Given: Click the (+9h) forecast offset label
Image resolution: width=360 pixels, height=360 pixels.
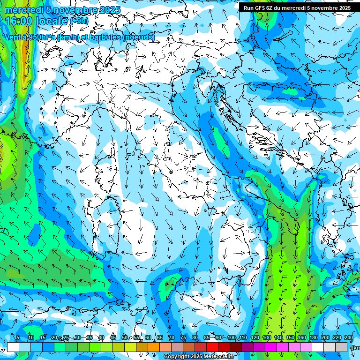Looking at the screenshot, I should [x=78, y=21].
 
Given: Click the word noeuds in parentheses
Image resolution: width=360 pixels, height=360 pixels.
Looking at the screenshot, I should [x=139, y=37].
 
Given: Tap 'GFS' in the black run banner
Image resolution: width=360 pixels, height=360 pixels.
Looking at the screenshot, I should [x=262, y=8].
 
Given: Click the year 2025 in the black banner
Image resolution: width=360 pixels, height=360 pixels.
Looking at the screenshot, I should [x=342, y=8].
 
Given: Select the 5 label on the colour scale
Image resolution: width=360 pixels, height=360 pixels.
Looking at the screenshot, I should [x=17, y=337].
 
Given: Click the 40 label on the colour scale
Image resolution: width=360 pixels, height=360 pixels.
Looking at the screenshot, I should [x=101, y=337].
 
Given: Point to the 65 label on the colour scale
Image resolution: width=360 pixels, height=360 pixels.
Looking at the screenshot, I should [x=160, y=337].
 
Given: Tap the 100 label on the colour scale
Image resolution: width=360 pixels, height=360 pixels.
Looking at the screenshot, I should [x=231, y=337].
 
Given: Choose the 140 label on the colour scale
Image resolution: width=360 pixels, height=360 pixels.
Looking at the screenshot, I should [x=278, y=337].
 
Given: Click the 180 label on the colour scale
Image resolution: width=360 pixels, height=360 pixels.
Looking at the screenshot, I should [x=313, y=337].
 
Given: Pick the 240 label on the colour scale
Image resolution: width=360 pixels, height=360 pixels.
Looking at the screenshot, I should [x=348, y=337].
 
